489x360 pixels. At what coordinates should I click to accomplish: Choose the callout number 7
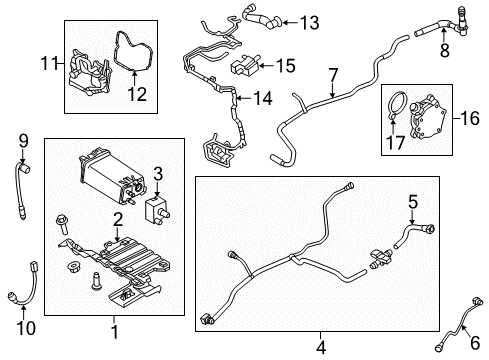[x=333, y=75]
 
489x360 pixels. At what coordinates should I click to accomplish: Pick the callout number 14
[x=263, y=99]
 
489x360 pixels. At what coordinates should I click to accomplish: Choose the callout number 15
[x=285, y=66]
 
